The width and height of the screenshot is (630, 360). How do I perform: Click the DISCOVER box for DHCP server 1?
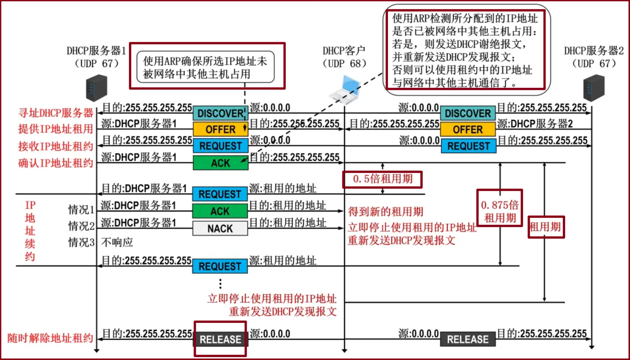220,113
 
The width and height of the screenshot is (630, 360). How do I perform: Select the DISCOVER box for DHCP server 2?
468,113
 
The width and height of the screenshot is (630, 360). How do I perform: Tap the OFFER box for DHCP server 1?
220,130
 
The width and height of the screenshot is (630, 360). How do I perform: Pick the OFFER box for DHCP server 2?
468,130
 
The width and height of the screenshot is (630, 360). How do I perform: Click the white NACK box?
220,229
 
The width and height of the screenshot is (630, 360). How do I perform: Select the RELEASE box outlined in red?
220,339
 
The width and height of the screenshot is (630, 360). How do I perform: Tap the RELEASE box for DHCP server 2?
468,339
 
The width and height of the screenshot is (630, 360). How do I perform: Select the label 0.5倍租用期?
382,179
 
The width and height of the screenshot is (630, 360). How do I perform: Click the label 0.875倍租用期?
500,211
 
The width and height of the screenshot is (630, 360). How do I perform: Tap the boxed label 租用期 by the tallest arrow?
546,227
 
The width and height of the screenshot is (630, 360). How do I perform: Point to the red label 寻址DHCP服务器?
56,112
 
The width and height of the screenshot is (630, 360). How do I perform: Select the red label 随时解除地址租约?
50,338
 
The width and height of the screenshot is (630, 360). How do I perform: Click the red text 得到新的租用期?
385,212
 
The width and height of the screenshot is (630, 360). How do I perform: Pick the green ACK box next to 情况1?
220,211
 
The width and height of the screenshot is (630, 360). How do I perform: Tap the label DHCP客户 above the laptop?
344,50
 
